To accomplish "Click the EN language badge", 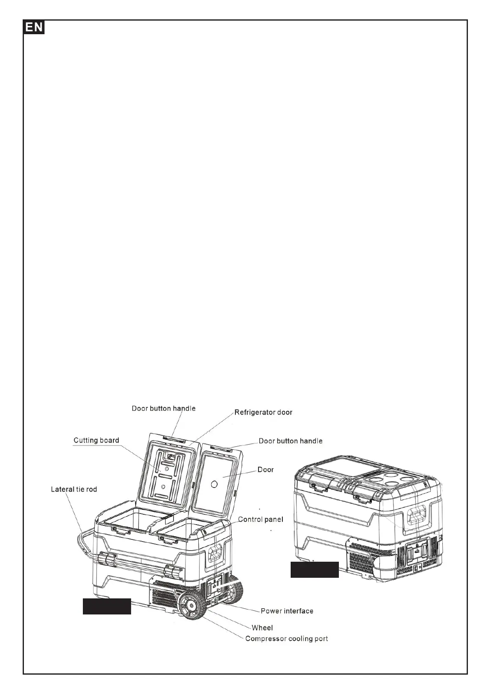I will (x=34, y=28).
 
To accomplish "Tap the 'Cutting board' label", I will (x=96, y=440).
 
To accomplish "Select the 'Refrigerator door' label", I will (x=263, y=412).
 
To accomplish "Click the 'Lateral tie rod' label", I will (x=74, y=490).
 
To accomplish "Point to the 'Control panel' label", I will (x=261, y=519).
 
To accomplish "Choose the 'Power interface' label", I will (x=287, y=611).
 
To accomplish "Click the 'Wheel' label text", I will (x=262, y=628).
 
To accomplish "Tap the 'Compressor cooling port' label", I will (x=287, y=639).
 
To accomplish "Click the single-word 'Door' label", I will (x=265, y=469).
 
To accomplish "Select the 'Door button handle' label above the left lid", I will (x=163, y=408).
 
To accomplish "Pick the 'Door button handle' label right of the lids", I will (x=290, y=441).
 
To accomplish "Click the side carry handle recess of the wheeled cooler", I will (x=214, y=554).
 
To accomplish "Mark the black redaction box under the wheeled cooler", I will (x=107, y=606).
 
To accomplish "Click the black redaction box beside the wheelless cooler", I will (x=315, y=570).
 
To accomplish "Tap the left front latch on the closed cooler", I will (x=318, y=488).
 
